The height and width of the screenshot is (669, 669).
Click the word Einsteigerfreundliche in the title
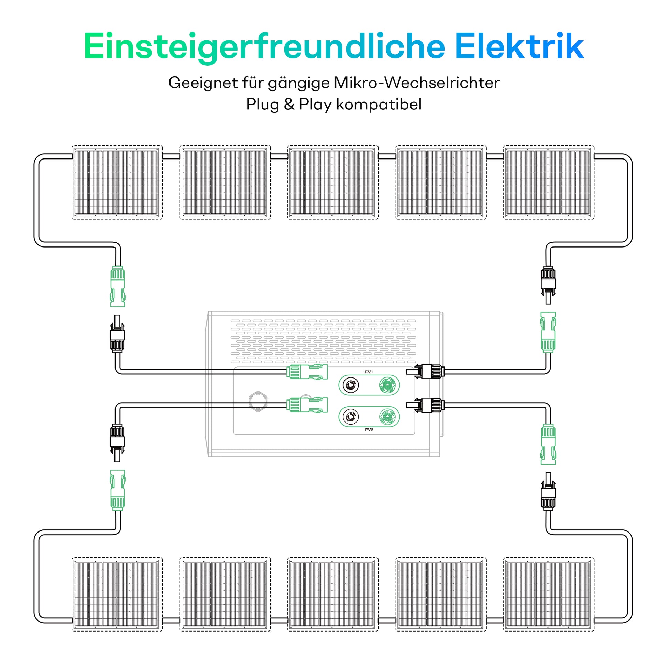(264, 47)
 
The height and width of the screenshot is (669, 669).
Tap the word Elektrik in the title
(519, 47)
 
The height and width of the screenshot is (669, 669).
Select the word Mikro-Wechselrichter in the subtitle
(417, 83)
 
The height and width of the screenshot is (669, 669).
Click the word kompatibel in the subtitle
(379, 105)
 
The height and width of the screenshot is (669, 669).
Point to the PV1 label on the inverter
(369, 372)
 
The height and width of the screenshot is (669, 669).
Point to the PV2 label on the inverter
(369, 430)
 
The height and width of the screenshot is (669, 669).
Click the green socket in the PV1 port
(387, 384)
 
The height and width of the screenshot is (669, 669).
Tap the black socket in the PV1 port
(350, 385)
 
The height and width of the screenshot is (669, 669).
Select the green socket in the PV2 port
(387, 417)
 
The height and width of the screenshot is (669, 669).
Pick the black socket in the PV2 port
(350, 417)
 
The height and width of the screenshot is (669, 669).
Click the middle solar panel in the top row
(333, 182)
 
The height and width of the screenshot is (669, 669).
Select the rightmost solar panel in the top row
(548, 182)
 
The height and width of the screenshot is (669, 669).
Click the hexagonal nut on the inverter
(258, 401)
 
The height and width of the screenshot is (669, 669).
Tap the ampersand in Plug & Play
(289, 105)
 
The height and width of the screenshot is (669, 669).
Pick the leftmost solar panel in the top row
(117, 182)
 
